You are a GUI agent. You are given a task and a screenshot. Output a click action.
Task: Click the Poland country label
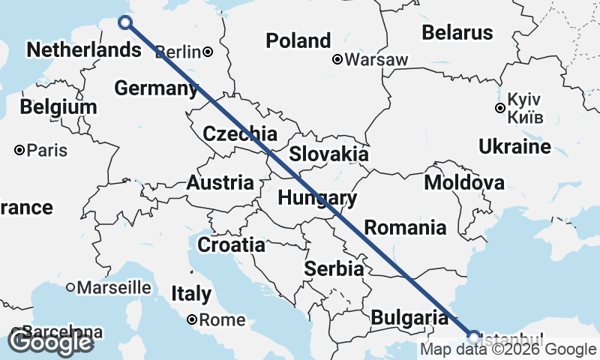pos(298,40)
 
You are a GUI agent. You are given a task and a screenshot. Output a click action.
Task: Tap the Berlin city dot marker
pos(208,52)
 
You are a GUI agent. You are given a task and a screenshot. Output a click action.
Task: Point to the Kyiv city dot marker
pos(500,108)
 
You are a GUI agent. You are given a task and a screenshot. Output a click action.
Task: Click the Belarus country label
pos(457,32)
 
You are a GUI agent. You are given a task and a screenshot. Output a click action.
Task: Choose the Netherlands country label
pos(82,50)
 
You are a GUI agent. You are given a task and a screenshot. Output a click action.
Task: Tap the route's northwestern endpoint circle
pos(125,22)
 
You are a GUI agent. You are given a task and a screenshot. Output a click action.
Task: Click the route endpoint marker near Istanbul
pos(473,335)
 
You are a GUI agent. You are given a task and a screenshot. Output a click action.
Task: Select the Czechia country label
pos(240,134)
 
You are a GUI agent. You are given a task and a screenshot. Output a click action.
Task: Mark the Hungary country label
pos(316,198)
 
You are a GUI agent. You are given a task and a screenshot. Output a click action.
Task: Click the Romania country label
pos(405,227)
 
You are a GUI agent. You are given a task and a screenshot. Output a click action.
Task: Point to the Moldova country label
pos(463,183)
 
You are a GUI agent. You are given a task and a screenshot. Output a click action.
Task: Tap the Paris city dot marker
pos(19,151)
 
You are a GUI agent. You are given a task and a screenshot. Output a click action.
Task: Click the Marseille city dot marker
pos(70,286)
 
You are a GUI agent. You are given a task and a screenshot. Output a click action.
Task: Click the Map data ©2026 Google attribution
pos(508,349)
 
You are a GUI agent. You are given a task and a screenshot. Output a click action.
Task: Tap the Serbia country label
pos(334,268)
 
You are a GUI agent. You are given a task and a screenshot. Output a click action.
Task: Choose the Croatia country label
pos(231,244)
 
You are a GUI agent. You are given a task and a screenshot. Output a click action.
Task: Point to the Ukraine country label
pos(514,146)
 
